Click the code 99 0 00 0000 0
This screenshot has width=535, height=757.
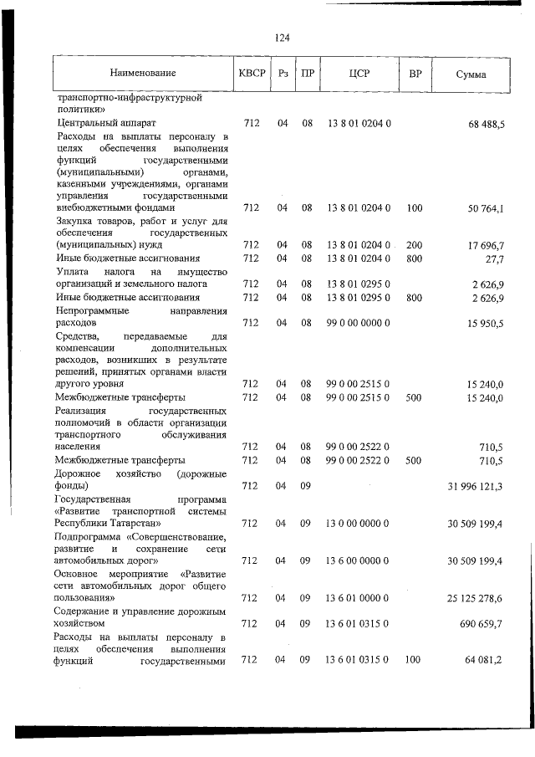359,322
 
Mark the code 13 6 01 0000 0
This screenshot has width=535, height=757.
359,598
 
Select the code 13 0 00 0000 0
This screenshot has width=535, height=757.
359,523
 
